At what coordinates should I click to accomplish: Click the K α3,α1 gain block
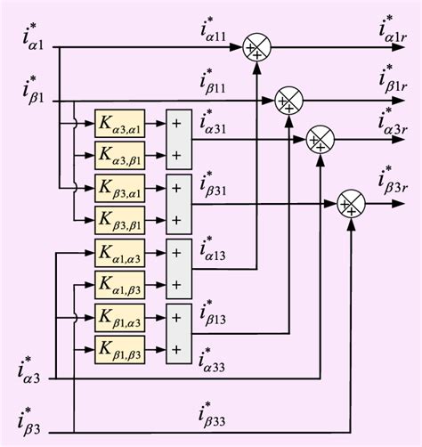(x=119, y=124)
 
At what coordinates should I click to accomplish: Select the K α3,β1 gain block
(x=119, y=155)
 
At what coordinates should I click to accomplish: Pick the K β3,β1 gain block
(x=119, y=219)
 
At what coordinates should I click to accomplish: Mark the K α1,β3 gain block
(x=119, y=284)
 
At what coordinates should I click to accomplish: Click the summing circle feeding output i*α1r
(x=256, y=48)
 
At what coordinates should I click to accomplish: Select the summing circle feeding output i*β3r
(x=349, y=205)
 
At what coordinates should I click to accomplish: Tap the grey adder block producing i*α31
(x=178, y=139)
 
